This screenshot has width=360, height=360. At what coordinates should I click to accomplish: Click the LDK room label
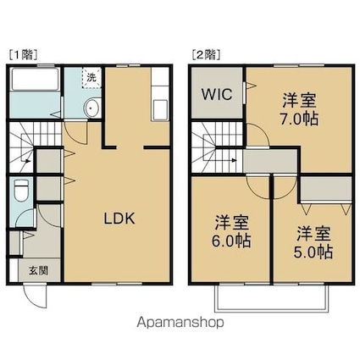[119, 219]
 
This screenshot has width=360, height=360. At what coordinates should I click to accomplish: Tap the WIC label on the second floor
[217, 94]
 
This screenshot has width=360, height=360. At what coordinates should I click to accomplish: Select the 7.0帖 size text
[299, 119]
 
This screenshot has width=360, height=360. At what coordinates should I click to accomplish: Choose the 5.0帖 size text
[313, 252]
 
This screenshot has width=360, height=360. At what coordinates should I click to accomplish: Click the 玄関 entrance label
[38, 270]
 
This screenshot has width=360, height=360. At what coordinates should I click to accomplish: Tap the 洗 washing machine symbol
[91, 77]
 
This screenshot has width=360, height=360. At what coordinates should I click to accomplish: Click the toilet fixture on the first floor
[21, 191]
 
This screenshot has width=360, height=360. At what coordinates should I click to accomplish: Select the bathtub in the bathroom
[35, 79]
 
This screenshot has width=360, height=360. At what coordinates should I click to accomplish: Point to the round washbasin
[91, 108]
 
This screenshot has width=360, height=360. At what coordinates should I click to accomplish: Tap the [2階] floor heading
[206, 54]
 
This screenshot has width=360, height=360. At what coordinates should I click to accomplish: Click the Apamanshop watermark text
[180, 322]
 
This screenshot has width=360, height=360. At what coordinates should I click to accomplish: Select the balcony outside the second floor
[271, 299]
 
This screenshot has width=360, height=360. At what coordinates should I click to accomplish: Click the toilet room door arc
[23, 215]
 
